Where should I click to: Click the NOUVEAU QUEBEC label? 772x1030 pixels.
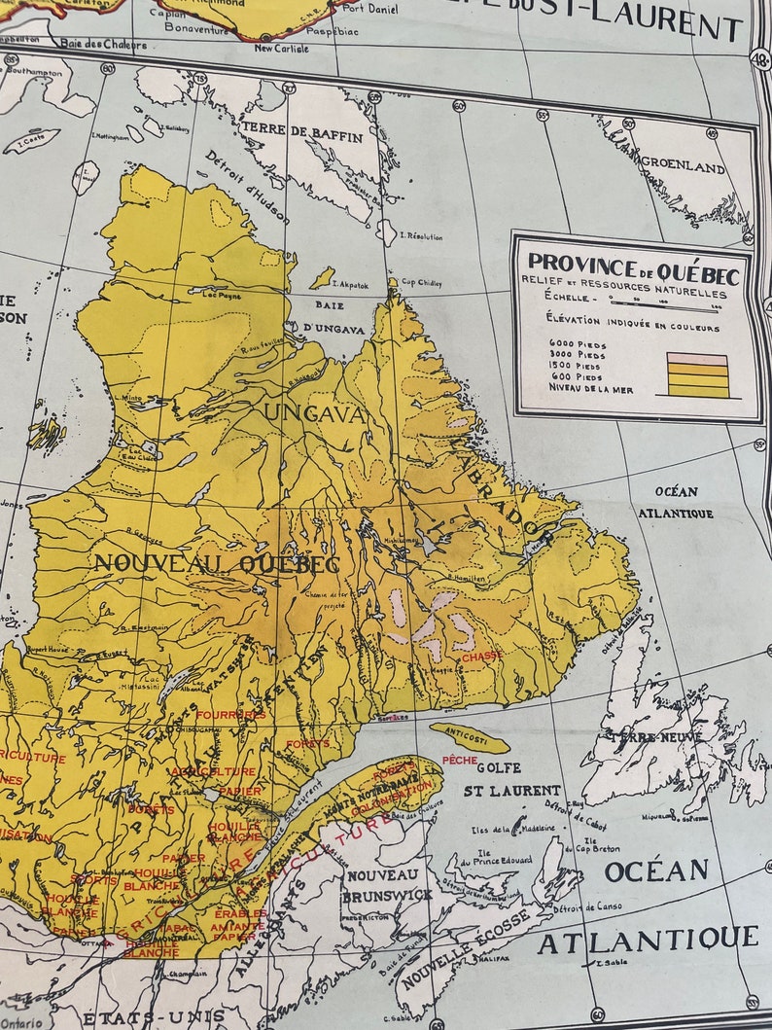[x=216, y=563]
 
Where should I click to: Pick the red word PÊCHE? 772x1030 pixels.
[x=460, y=760]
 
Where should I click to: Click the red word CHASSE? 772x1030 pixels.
[x=482, y=657]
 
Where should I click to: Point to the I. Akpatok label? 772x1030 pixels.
[x=347, y=285]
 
